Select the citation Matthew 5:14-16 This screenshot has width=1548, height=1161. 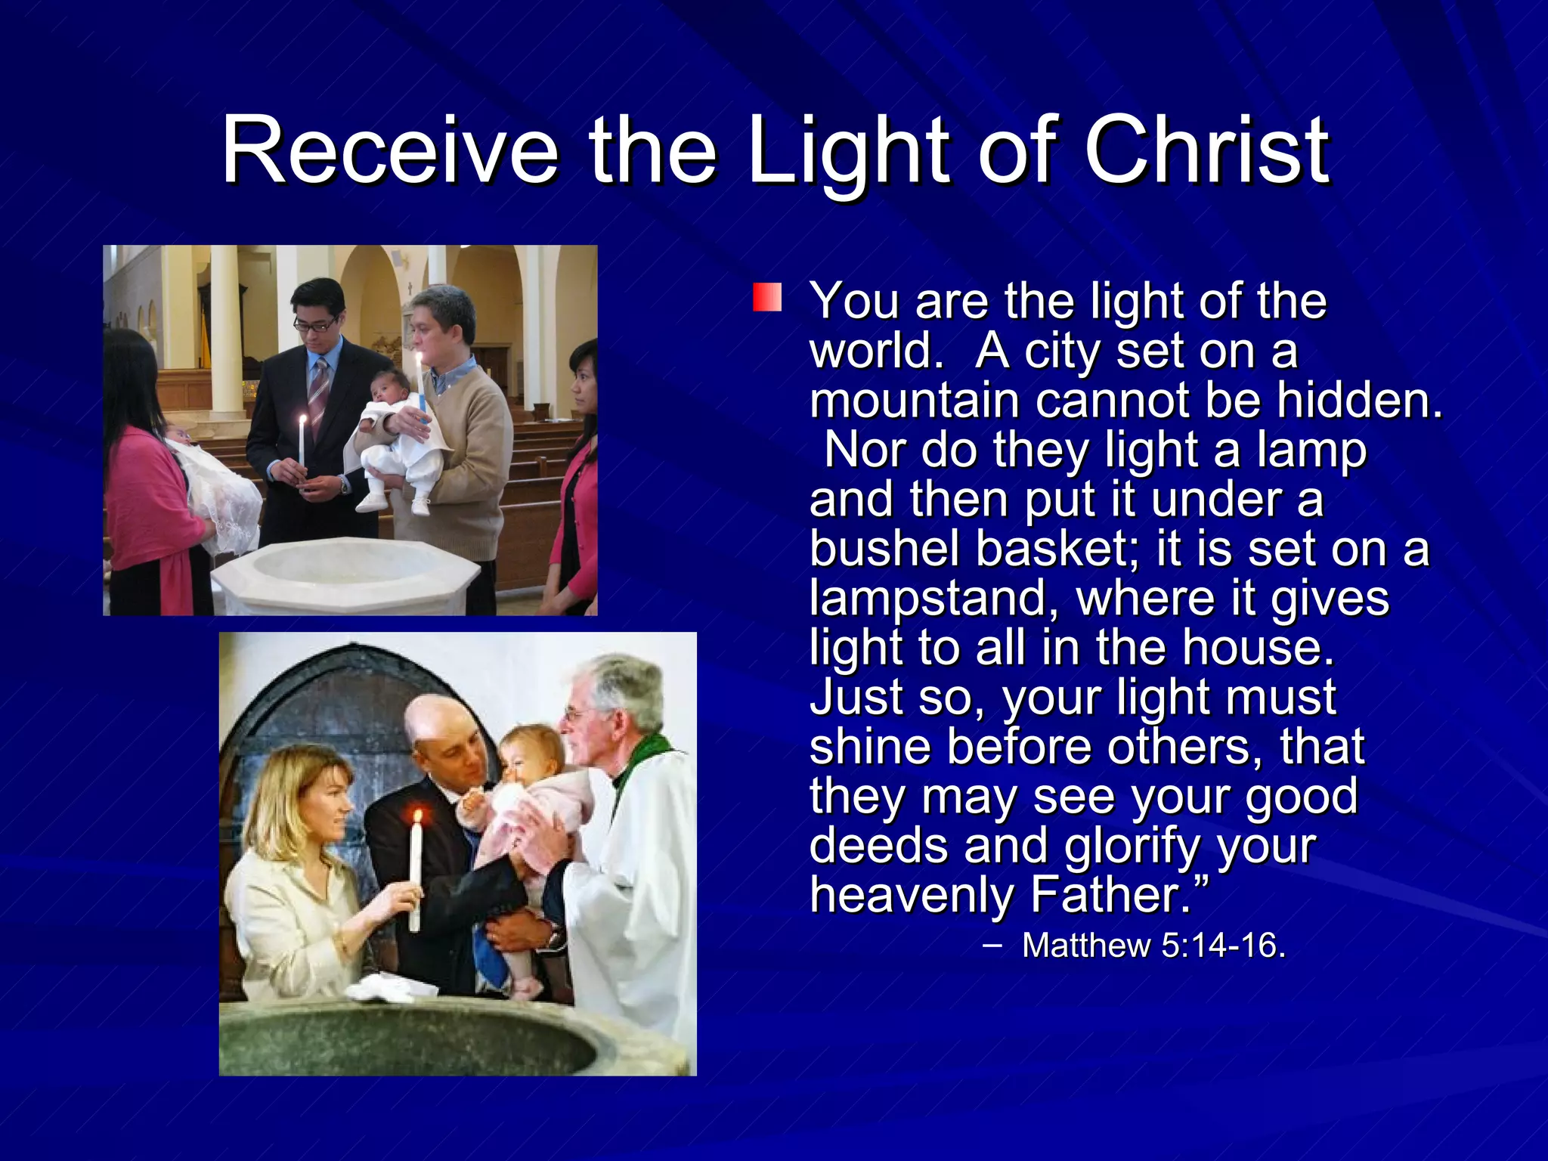pos(1153,946)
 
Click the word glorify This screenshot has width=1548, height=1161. pos(1132,847)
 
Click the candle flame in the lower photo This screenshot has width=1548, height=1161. pos(416,816)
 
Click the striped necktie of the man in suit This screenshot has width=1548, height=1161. pos(318,393)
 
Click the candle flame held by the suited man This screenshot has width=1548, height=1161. pos(303,420)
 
